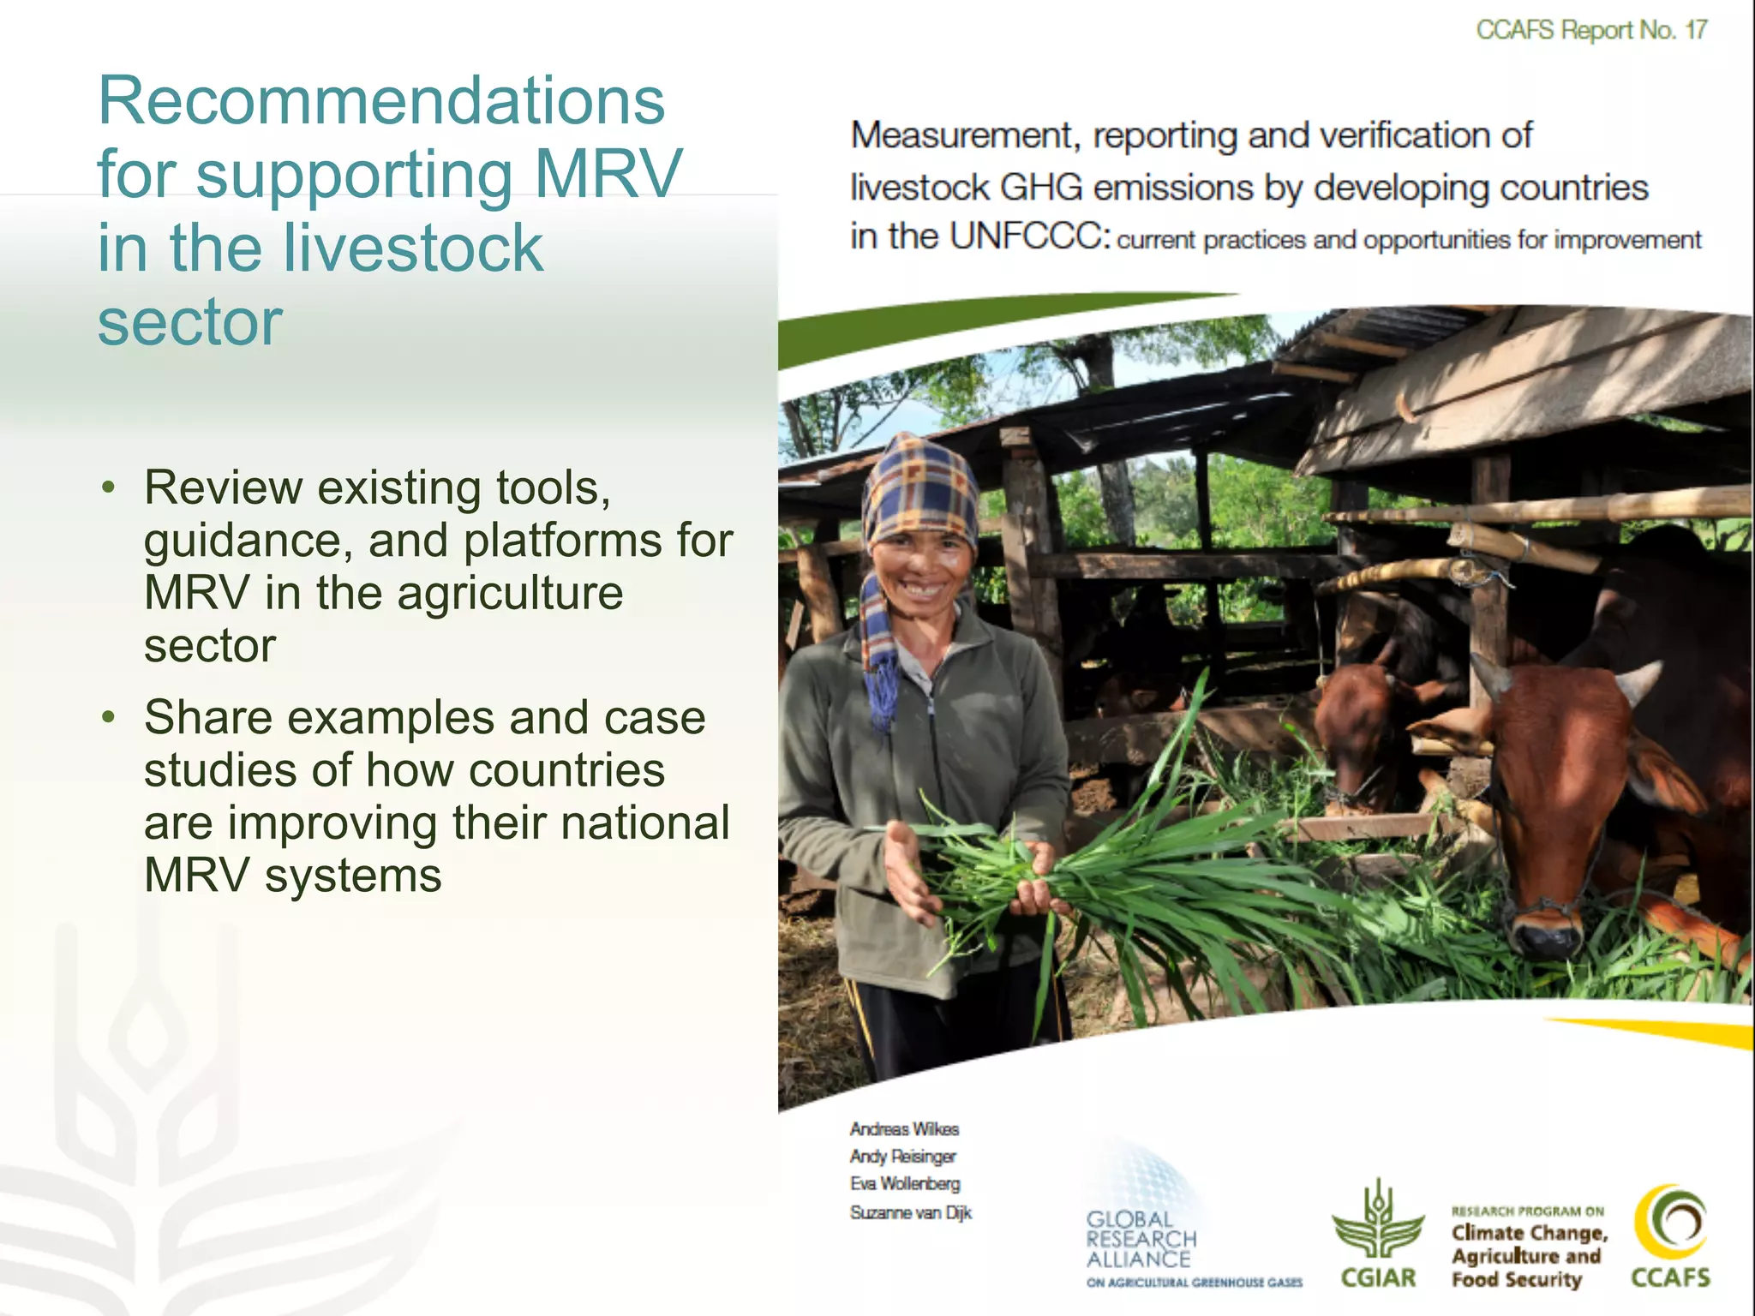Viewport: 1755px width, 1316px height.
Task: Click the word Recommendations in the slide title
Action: pos(381,101)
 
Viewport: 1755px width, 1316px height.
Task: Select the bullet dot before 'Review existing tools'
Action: pos(108,488)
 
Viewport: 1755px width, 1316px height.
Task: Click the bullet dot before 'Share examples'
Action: pos(108,718)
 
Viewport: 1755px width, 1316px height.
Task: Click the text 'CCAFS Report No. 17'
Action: pos(1591,30)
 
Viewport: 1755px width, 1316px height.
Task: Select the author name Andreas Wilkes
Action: pos(904,1129)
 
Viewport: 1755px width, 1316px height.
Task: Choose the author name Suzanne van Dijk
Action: pos(911,1212)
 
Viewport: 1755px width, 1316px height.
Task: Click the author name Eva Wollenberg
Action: pos(905,1184)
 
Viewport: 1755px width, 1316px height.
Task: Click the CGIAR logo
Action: pos(1378,1234)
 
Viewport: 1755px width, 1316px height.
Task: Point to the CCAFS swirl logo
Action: pos(1670,1225)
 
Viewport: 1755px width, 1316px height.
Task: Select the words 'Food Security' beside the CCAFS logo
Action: pos(1516,1280)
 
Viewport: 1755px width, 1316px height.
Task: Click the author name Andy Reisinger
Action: pos(902,1157)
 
